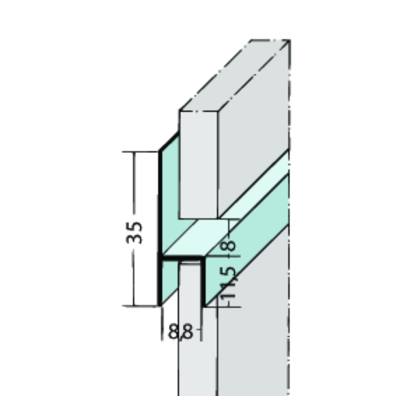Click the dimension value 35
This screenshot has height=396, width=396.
pyautogui.click(x=135, y=232)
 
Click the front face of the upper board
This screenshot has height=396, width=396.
pyautogui.click(x=198, y=164)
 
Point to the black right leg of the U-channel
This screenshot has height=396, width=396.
pyautogui.click(x=201, y=283)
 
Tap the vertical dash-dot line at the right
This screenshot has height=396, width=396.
pyautogui.click(x=290, y=226)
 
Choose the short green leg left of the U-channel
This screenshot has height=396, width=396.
pyautogui.click(x=169, y=283)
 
